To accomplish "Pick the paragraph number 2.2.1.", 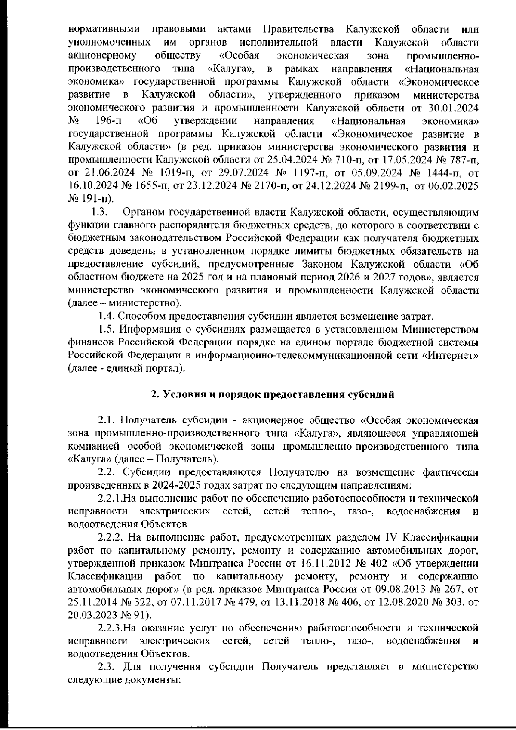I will coord(111,499).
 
